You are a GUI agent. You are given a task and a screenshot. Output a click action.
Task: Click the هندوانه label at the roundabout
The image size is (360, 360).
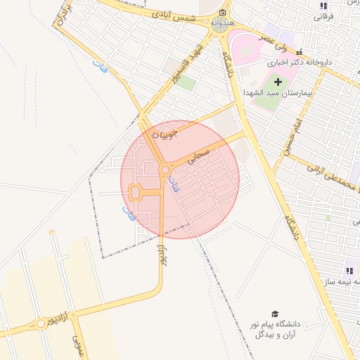(222, 22)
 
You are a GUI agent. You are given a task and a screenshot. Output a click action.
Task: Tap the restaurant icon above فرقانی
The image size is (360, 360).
(323, 6)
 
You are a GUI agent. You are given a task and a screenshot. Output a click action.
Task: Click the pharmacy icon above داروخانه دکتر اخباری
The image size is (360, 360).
(299, 52)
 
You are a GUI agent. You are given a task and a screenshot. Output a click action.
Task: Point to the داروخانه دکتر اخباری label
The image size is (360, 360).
(304, 63)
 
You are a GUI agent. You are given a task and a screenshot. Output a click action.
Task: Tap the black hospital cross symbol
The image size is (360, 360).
(278, 82)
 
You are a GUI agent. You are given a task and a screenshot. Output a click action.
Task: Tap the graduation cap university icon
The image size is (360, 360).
(275, 314)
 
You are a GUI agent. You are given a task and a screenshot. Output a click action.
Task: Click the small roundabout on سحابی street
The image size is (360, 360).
(165, 169)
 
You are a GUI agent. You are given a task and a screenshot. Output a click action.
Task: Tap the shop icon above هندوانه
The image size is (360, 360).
(222, 13)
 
